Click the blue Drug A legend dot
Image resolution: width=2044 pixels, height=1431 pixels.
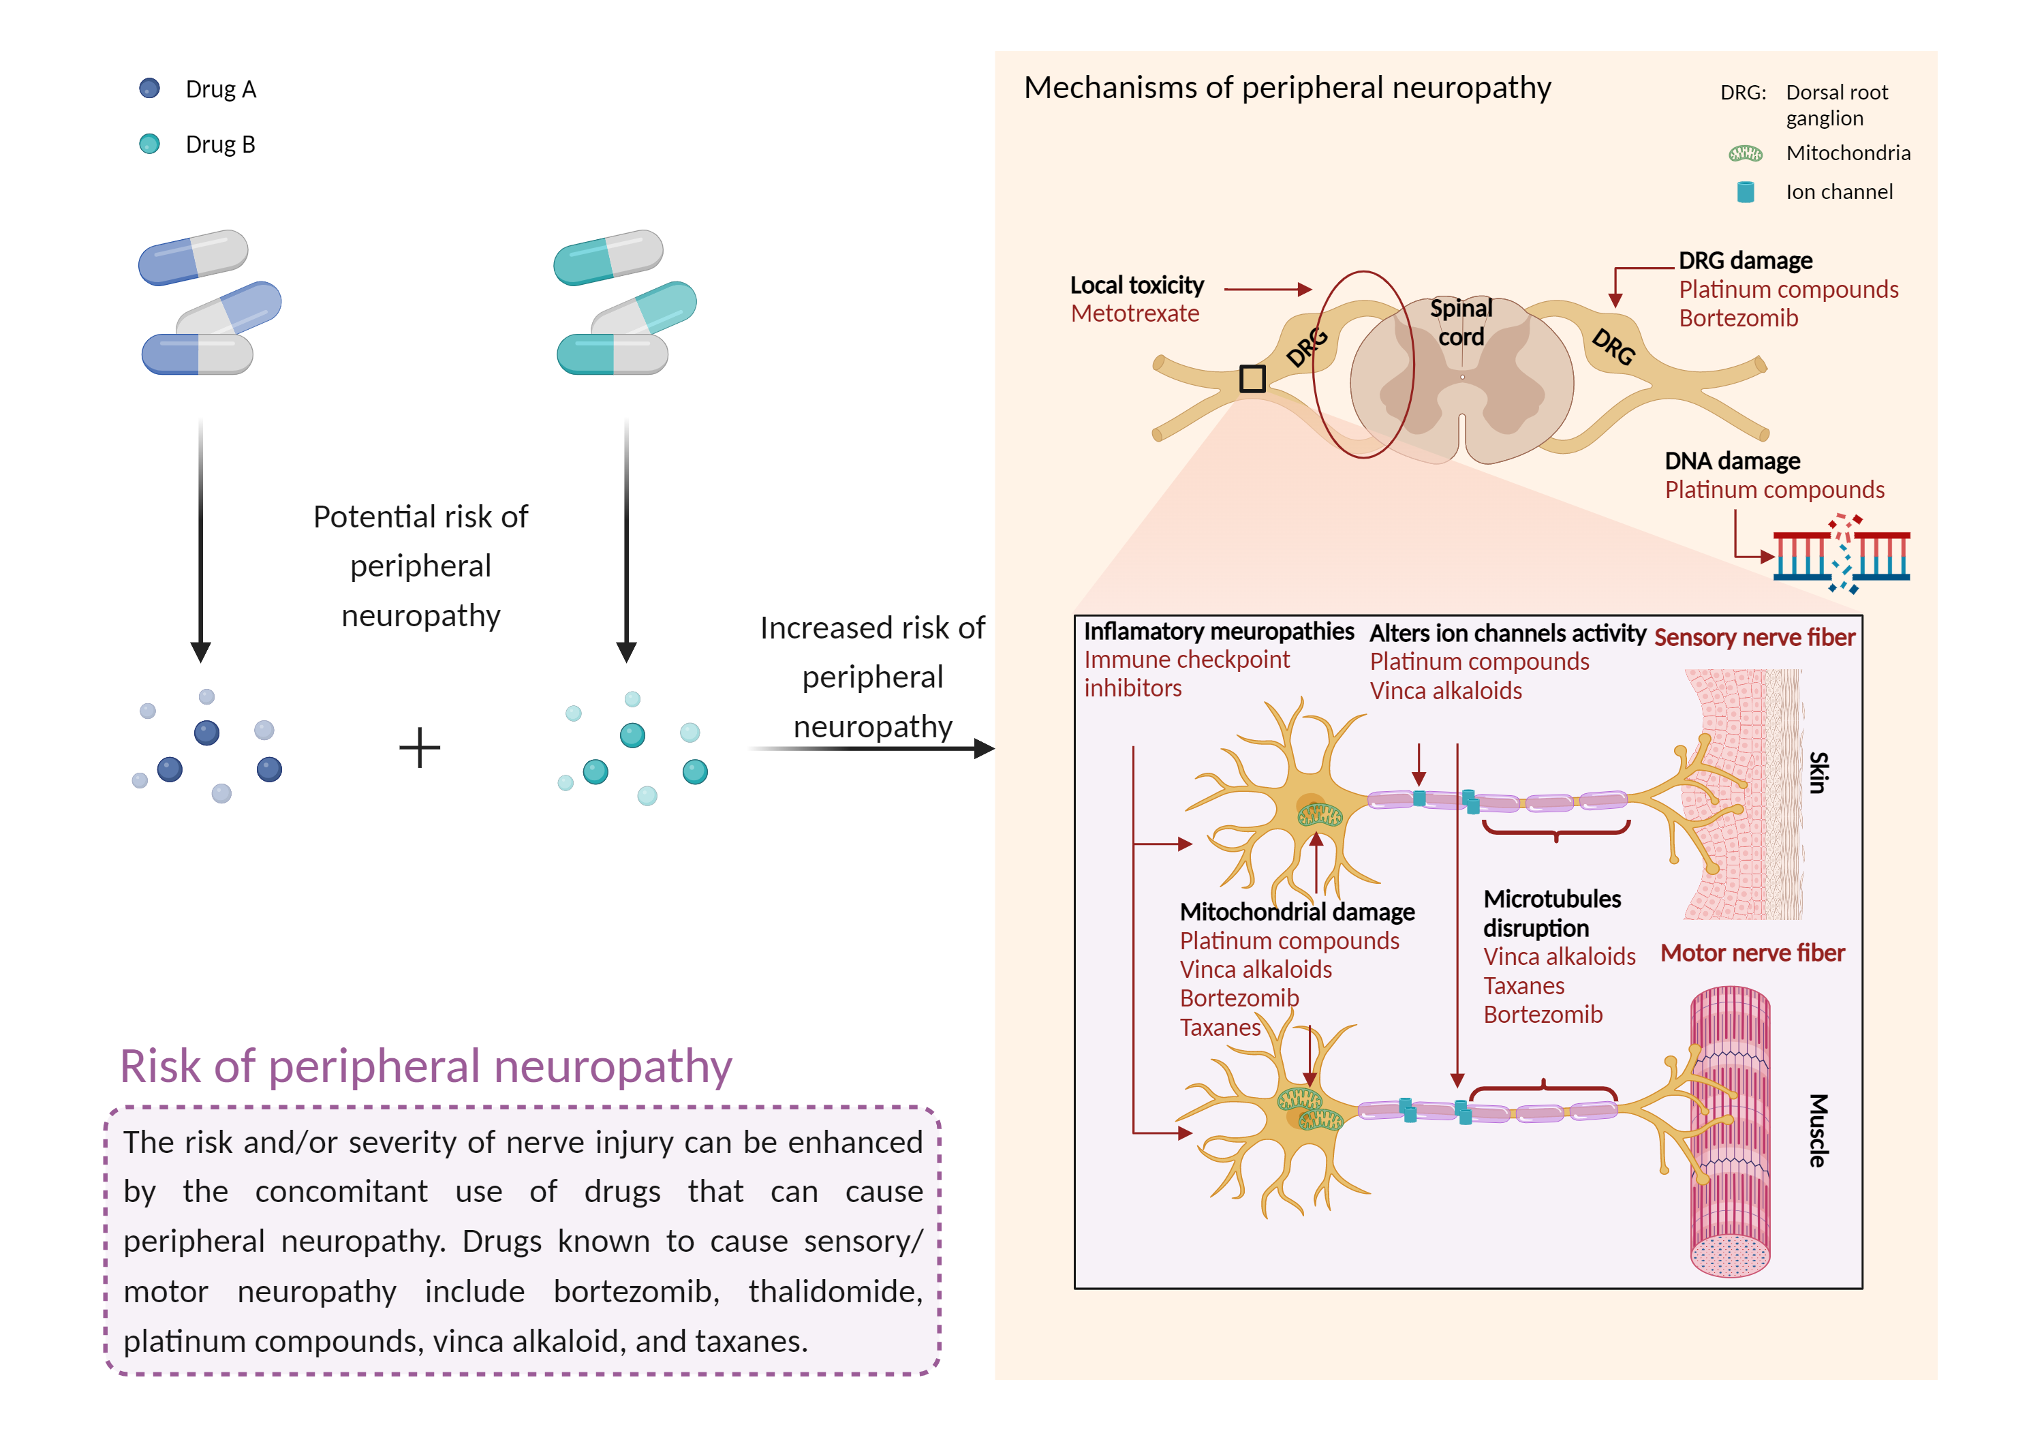[x=150, y=88]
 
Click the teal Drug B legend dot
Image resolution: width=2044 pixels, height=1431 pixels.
[x=150, y=143]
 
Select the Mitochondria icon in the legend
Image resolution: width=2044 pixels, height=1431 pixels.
[x=1745, y=153]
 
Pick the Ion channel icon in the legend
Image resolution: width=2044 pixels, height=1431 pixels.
[x=1745, y=191]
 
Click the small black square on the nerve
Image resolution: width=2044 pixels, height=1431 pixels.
[x=1252, y=378]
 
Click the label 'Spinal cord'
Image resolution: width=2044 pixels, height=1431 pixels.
[x=1461, y=322]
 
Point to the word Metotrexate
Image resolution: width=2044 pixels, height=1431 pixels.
[x=1134, y=313]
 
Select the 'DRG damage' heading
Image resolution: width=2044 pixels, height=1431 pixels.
[x=1745, y=261]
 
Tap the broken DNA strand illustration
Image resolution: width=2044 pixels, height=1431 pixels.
[x=1841, y=555]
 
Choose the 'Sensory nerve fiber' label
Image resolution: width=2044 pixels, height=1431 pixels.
[x=1754, y=638]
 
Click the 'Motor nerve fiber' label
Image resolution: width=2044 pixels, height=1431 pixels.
[x=1752, y=953]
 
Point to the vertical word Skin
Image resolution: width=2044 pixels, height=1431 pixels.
[x=1818, y=772]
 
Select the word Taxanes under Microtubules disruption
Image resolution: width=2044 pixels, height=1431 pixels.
[x=1523, y=986]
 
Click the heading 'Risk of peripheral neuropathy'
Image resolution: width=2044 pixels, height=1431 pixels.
[x=426, y=1066]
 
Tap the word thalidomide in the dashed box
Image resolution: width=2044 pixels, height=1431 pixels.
[x=835, y=1291]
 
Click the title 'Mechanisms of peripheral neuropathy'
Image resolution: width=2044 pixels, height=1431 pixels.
[x=1286, y=87]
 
